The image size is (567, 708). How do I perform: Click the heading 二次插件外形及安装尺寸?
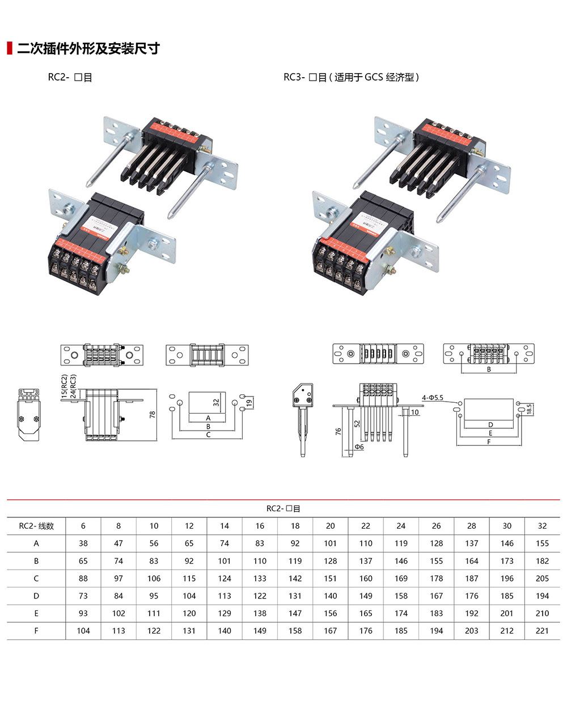pyautogui.click(x=88, y=49)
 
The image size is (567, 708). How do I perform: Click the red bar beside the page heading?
pyautogui.click(x=9, y=48)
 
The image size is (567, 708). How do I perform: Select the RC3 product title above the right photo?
pyautogui.click(x=351, y=77)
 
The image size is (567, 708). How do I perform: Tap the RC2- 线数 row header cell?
pyautogui.click(x=36, y=526)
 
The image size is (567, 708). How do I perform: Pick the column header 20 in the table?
pyautogui.click(x=331, y=526)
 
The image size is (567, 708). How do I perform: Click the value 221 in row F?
pyautogui.click(x=542, y=631)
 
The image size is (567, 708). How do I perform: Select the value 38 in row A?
pyautogui.click(x=83, y=543)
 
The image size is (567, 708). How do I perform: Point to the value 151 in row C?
pyautogui.click(x=331, y=579)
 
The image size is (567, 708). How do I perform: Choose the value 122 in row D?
pyautogui.click(x=260, y=596)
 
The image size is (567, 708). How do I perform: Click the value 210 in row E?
pyautogui.click(x=542, y=614)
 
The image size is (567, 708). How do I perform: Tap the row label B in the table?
pyautogui.click(x=36, y=561)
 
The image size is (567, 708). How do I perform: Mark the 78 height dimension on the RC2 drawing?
pyautogui.click(x=152, y=415)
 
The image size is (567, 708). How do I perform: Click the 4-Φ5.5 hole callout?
pyautogui.click(x=432, y=398)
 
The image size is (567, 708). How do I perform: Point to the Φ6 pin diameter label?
pyautogui.click(x=359, y=447)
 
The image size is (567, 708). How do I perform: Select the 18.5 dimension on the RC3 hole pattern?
pyautogui.click(x=528, y=410)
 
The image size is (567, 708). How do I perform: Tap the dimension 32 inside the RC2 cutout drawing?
pyautogui.click(x=216, y=403)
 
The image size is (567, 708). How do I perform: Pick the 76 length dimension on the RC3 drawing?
pyautogui.click(x=338, y=431)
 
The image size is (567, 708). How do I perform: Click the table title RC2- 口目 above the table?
pyautogui.click(x=283, y=509)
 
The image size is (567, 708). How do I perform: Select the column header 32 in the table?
pyautogui.click(x=542, y=526)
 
